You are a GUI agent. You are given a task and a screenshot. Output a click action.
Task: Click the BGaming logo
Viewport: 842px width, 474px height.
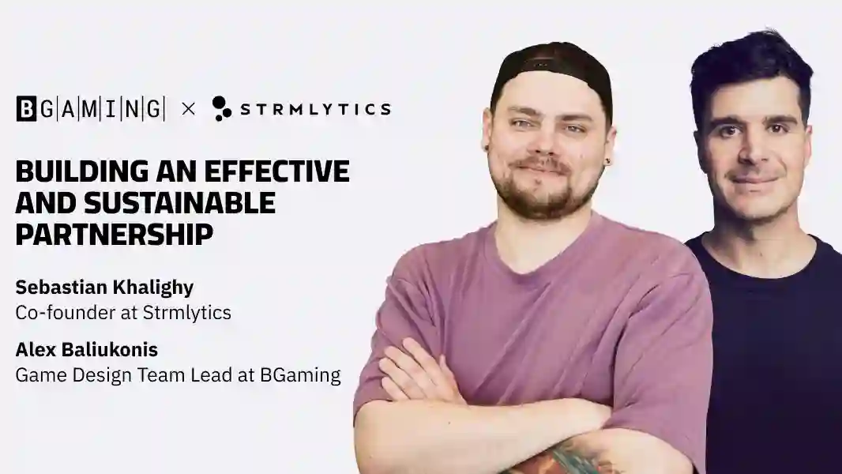[x=90, y=108]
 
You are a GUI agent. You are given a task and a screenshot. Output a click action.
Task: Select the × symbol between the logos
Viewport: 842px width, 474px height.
[x=188, y=108]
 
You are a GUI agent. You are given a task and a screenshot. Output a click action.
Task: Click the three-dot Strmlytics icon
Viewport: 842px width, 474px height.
[x=221, y=108]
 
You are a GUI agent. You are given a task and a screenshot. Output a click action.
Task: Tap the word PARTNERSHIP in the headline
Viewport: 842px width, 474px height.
[x=114, y=235]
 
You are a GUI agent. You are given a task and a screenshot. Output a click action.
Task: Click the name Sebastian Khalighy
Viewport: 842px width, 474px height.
[x=104, y=288]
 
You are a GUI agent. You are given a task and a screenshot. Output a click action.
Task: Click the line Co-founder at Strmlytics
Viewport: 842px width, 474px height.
[x=123, y=312]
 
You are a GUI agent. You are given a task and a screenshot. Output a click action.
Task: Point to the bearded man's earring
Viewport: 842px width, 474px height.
[x=608, y=162]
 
